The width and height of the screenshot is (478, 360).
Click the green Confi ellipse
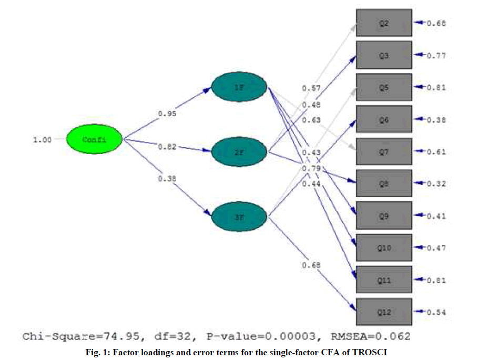95,139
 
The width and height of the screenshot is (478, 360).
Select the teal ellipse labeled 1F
239,87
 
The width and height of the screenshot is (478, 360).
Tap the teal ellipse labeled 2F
239,152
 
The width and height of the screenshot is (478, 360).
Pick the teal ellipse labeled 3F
239,216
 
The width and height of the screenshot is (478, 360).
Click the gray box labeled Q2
384,23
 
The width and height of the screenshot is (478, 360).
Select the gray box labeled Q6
384,120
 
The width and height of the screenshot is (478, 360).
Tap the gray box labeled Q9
384,215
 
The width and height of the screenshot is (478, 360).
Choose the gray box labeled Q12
384,312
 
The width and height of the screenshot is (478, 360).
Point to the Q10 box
384,248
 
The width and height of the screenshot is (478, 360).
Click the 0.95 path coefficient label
167,114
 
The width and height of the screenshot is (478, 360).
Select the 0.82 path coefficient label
167,147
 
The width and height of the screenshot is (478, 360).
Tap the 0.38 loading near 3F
167,179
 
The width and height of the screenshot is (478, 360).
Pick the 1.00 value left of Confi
42,140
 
